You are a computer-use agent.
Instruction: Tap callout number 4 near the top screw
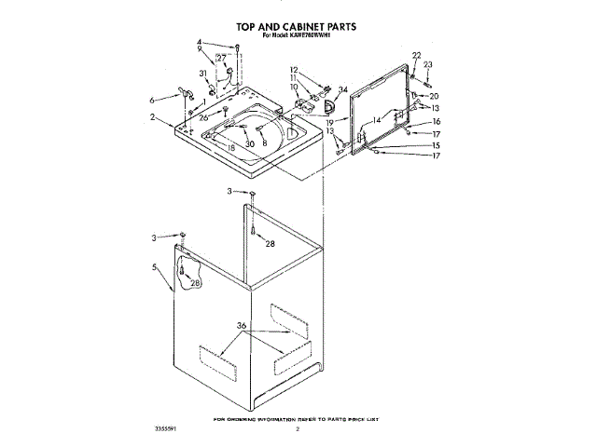click(199, 43)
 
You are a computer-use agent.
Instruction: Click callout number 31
click(201, 74)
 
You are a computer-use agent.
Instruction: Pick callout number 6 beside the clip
click(151, 99)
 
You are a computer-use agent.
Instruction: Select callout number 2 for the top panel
click(151, 117)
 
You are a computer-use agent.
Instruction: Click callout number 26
click(202, 117)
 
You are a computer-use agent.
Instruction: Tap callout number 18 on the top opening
click(231, 148)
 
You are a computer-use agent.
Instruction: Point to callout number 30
click(249, 144)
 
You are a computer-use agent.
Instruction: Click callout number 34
click(343, 89)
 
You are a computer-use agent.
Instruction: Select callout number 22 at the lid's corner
click(416, 56)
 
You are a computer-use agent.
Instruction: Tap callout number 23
click(427, 64)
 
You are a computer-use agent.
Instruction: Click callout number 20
click(434, 96)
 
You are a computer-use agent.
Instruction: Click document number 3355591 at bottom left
click(165, 429)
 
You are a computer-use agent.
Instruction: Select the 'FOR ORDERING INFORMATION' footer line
click(298, 420)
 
